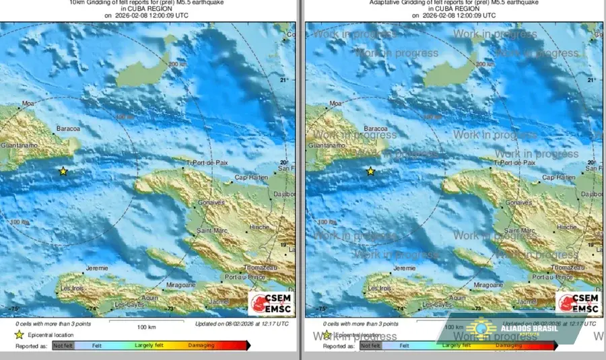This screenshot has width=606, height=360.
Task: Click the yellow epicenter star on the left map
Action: pos(63,172)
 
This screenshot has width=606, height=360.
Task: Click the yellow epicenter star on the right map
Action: pos(370,172)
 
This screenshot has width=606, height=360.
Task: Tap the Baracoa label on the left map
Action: pos(68,128)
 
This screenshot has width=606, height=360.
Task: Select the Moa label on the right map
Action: pos(335,104)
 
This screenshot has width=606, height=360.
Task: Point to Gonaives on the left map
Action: pos(211,202)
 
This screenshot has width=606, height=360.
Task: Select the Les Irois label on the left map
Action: pos(71,289)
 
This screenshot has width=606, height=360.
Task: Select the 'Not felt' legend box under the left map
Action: pos(63,346)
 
